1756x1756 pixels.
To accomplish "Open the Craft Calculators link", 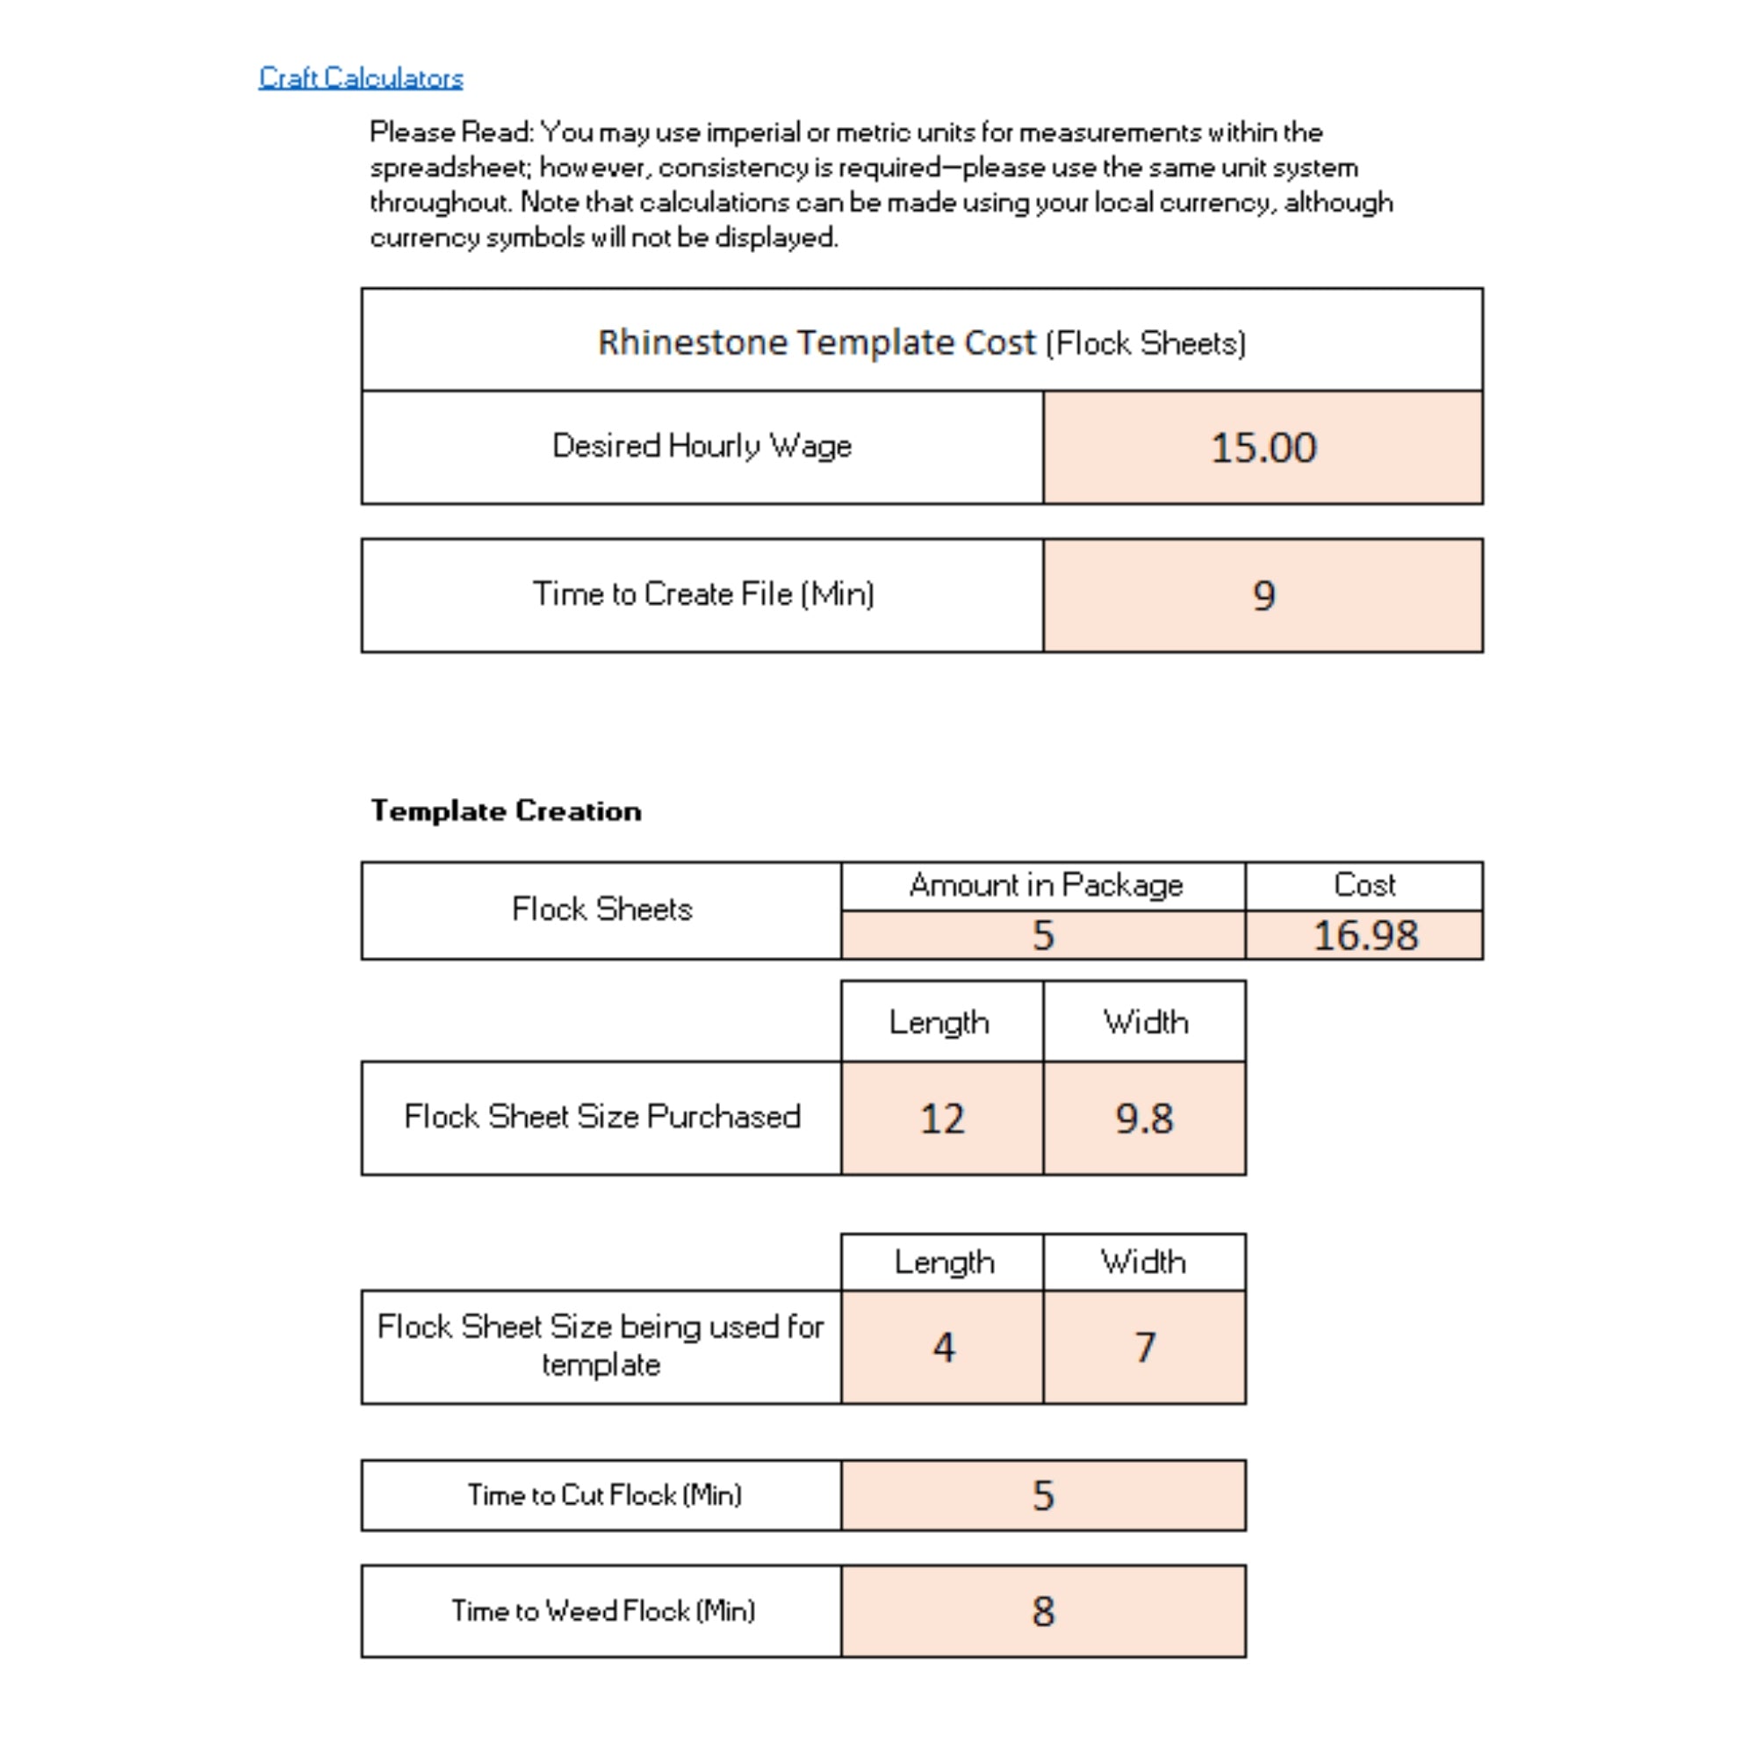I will tap(361, 78).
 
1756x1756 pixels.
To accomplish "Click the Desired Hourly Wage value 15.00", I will tap(1263, 447).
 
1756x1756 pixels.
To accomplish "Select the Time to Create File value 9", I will tap(1263, 595).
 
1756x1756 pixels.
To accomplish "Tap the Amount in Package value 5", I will tap(1042, 935).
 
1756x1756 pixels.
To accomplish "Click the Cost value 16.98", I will tap(1364, 935).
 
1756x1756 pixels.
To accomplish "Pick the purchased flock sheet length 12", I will tap(941, 1118).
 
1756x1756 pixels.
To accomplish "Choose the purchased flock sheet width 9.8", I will tap(1144, 1118).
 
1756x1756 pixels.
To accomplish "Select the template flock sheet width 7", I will tap(1144, 1347).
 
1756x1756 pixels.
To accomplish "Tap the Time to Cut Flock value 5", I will tap(1042, 1495).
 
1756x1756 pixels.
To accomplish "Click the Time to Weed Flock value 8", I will tap(1042, 1611).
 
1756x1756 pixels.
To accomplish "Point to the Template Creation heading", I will tap(506, 810).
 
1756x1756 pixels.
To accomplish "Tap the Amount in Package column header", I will tap(1045, 885).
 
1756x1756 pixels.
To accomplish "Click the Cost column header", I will tap(1364, 885).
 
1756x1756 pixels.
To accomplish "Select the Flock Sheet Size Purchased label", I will tap(601, 1116).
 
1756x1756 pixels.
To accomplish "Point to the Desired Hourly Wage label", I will tap(702, 445).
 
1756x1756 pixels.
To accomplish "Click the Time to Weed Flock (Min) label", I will tap(602, 1610).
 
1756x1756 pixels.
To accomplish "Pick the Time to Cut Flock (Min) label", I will tap(604, 1494).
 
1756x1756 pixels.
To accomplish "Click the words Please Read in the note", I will tap(450, 133).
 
